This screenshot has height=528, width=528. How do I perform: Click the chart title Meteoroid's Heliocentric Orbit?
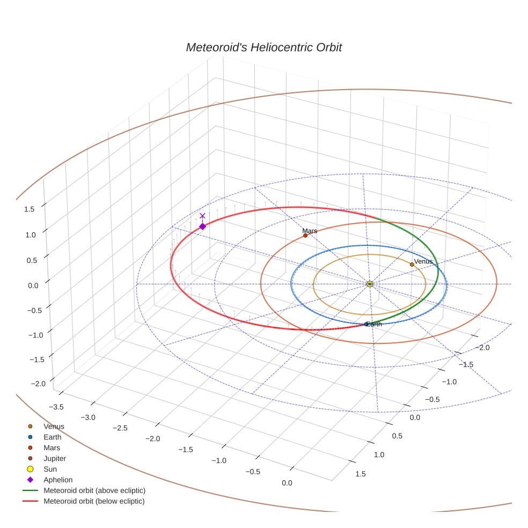[x=263, y=48]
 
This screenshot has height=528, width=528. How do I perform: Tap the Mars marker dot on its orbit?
[x=305, y=236]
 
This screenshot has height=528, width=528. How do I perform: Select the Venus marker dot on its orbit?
[x=412, y=264]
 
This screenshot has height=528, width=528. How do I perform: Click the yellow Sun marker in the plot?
[x=370, y=284]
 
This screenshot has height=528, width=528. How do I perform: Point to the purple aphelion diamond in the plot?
[x=202, y=226]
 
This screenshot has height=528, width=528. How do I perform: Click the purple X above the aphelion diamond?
[x=202, y=216]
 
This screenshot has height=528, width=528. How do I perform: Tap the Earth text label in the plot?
[x=375, y=324]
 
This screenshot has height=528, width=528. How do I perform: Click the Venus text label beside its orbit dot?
[x=423, y=261]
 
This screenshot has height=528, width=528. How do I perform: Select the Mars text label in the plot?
[x=310, y=231]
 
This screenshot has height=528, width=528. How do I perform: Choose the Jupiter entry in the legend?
[x=54, y=458]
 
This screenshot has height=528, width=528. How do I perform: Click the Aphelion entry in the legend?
[x=57, y=480]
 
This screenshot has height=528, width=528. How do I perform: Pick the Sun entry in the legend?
[x=50, y=469]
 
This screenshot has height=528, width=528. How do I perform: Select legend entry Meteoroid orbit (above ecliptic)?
[x=94, y=490]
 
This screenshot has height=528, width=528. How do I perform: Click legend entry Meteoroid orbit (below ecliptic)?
[x=94, y=501]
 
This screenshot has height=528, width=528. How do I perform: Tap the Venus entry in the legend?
[x=54, y=426]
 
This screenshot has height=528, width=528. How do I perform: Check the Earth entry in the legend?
[x=53, y=437]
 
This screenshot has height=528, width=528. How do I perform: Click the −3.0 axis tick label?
[x=88, y=417]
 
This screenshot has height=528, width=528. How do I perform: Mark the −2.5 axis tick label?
[x=120, y=428]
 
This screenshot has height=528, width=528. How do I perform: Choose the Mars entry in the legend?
[x=52, y=448]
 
